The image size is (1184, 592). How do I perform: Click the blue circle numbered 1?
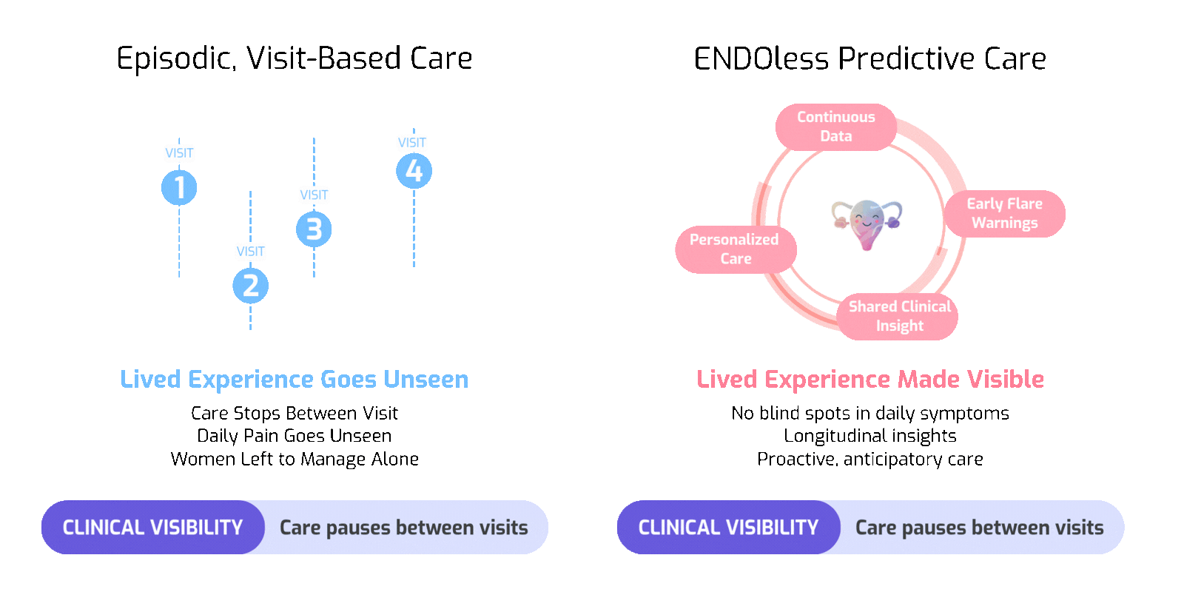[179, 187]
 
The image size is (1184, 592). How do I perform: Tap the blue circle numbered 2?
[250, 286]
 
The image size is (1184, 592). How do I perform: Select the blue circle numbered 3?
[314, 229]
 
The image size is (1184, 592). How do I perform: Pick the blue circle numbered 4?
[414, 171]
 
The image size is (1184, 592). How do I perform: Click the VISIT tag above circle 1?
[179, 153]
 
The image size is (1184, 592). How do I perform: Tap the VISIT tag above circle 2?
[250, 252]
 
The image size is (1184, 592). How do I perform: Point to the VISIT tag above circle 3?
[314, 195]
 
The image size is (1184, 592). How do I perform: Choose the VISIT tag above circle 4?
[412, 143]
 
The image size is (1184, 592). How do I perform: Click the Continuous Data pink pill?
[835, 127]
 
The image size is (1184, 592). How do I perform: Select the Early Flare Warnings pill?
[1004, 213]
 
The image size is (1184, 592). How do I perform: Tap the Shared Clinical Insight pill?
[899, 316]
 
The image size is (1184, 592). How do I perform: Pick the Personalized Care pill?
[735, 249]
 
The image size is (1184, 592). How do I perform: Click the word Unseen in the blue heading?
[425, 380]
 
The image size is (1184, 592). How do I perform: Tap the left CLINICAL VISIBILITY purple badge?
[152, 528]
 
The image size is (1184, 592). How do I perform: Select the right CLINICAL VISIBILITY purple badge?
[728, 528]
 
